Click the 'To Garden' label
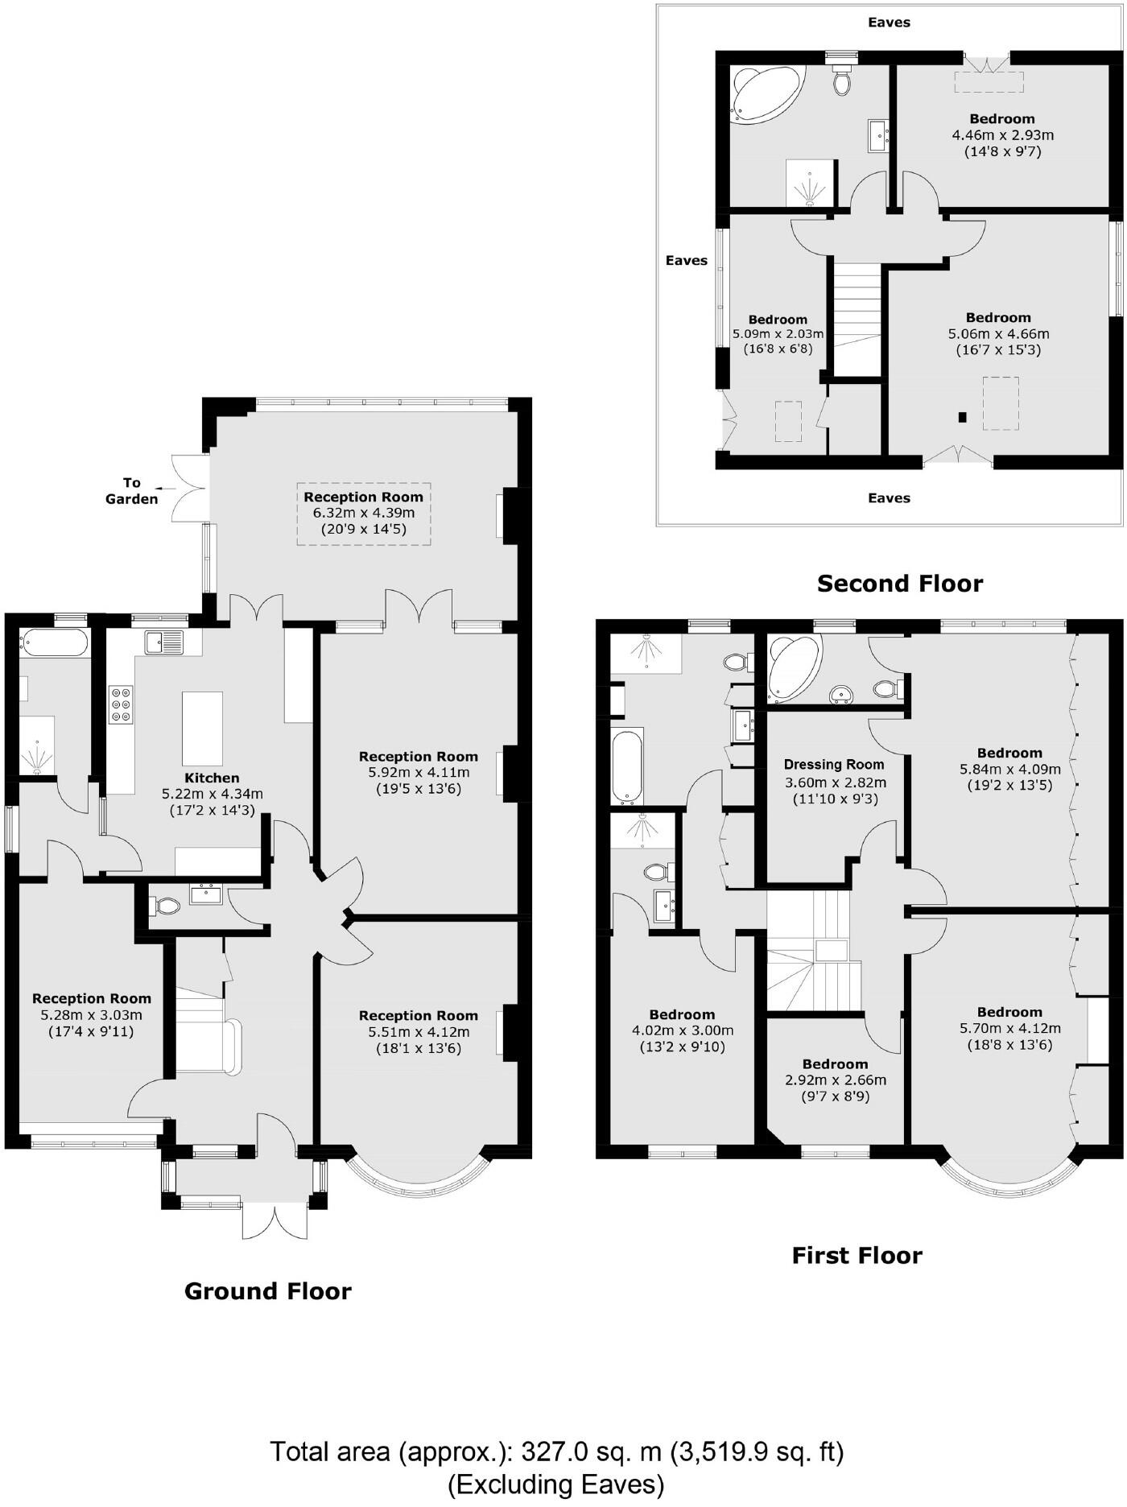point(132,490)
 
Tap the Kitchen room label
point(212,778)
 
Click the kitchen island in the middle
point(202,728)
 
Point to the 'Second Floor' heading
point(899,584)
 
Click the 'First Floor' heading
point(857,1255)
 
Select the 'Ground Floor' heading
point(268,1291)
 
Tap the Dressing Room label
point(834,765)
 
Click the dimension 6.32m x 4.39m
point(364,513)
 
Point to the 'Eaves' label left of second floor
point(686,260)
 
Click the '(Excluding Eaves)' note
point(555,1484)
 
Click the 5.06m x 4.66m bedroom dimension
point(998,333)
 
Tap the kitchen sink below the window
point(164,642)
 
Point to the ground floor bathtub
point(55,644)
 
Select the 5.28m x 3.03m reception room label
point(92,1014)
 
